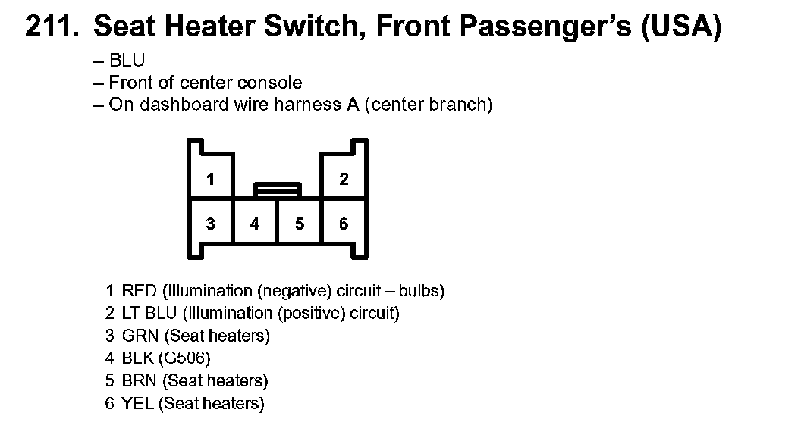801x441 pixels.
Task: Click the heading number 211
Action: coord(51,28)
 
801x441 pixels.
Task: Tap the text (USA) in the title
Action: coord(680,29)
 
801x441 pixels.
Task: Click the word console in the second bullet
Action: coord(269,83)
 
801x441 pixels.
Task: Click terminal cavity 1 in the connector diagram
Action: coord(210,180)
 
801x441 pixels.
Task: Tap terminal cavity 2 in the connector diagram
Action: coord(344,180)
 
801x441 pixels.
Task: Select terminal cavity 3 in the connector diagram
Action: coord(210,224)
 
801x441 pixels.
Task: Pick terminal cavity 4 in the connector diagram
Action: coord(255,224)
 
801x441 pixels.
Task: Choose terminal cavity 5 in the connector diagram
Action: coord(300,224)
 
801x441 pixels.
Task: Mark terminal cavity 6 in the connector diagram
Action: coord(344,224)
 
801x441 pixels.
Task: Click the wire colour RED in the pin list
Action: coord(139,291)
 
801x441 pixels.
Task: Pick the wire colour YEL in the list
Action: coord(138,404)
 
